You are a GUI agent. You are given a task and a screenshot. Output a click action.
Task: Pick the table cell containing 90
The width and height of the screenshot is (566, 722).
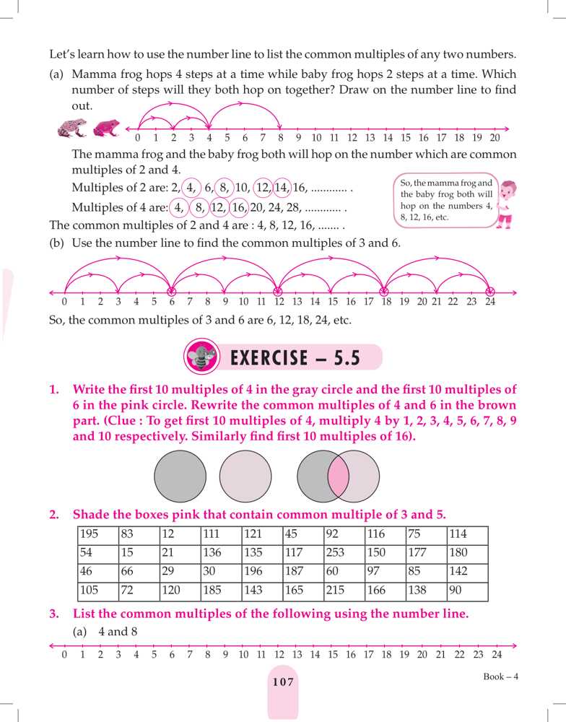pyautogui.click(x=467, y=591)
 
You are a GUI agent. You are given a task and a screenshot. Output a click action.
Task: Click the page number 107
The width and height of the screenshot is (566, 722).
pyautogui.click(x=283, y=682)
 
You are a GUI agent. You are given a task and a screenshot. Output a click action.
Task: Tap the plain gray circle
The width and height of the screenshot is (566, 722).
pyautogui.click(x=180, y=476)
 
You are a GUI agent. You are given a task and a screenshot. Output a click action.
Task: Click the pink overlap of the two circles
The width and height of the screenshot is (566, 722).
pyautogui.click(x=339, y=476)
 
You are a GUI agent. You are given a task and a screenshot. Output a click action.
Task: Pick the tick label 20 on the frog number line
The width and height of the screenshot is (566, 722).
pyautogui.click(x=495, y=137)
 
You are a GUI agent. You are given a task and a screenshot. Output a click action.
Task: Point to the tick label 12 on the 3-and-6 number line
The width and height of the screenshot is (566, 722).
pyautogui.click(x=279, y=302)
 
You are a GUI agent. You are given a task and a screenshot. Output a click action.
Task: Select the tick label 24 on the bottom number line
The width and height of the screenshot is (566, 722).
pyautogui.click(x=497, y=655)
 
